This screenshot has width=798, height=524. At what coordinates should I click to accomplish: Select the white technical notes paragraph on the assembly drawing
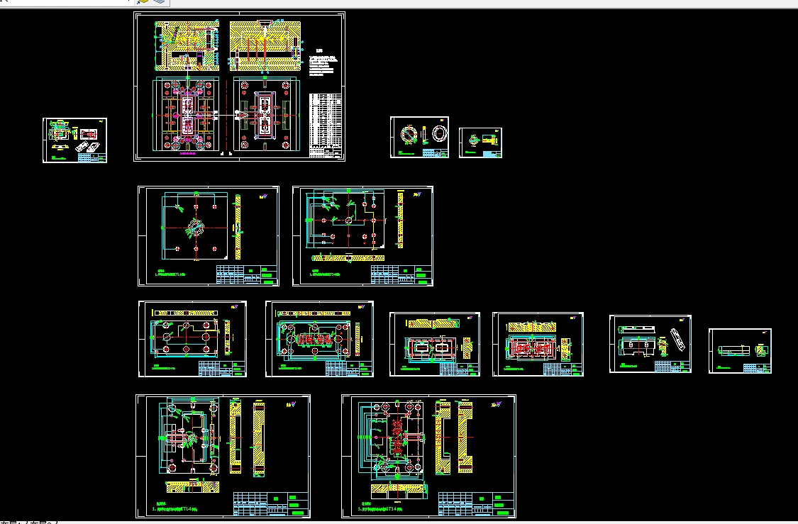tap(322, 66)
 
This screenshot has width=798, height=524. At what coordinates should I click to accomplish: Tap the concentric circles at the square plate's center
tap(193, 229)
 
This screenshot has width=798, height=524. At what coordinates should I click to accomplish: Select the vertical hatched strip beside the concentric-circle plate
tap(238, 227)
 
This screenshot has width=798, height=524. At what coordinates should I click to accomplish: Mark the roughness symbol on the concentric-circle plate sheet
tap(264, 196)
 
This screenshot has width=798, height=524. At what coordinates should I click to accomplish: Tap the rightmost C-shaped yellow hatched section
tap(465, 437)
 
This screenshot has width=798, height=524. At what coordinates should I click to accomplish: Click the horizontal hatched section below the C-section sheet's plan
tap(399, 489)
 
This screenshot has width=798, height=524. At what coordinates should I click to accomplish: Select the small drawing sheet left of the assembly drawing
tap(74, 140)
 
